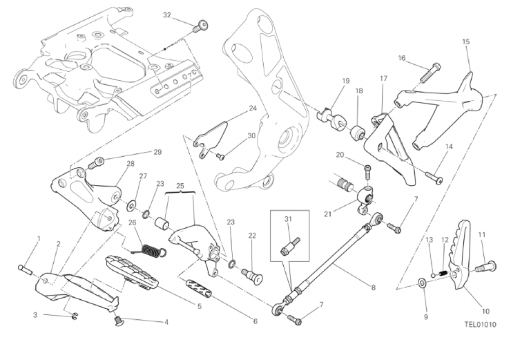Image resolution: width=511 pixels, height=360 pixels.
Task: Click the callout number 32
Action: coord(166,15)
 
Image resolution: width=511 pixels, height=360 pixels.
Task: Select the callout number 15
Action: coord(465,42)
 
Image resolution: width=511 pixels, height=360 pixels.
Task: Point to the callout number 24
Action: coord(253,108)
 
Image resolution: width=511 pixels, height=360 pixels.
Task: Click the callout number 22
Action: coord(252,236)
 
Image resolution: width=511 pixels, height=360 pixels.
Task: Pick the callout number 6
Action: coord(254,321)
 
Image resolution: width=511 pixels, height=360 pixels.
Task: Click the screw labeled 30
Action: coord(221,156)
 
